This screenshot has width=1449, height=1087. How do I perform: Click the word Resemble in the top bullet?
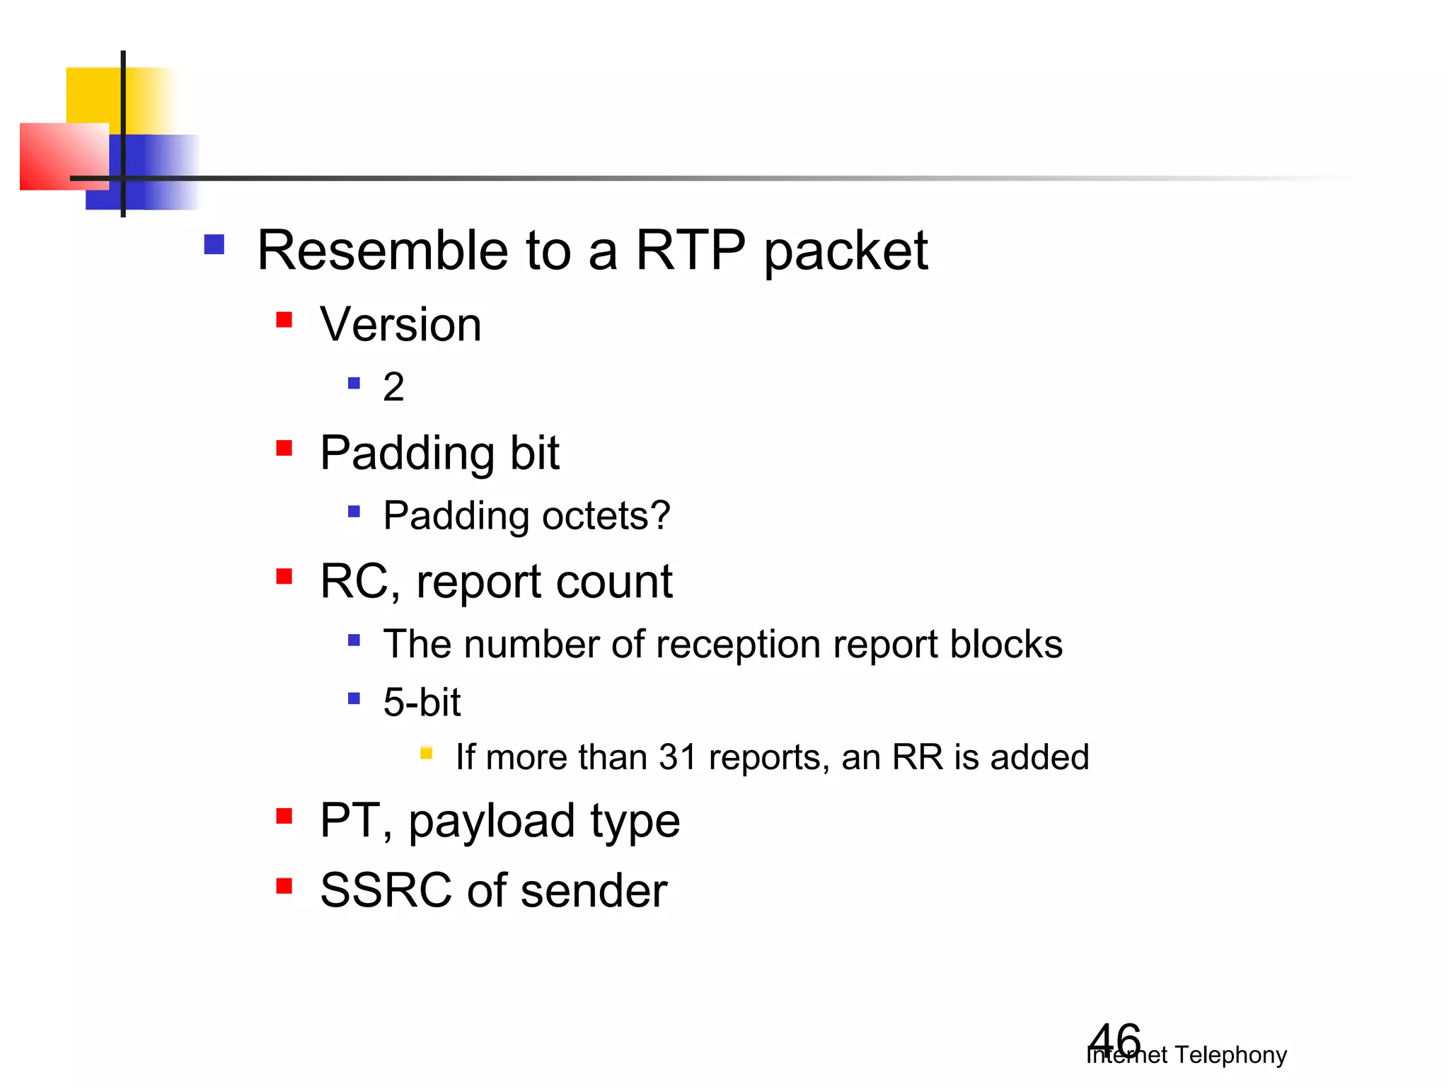click(382, 251)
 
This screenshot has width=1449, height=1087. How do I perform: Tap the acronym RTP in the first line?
click(690, 251)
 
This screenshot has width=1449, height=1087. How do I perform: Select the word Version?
click(400, 325)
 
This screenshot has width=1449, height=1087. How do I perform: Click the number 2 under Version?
click(393, 387)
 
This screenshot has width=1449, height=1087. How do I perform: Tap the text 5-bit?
click(422, 703)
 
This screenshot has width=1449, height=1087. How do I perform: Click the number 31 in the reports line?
click(678, 757)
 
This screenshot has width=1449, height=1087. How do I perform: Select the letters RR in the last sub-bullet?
click(918, 757)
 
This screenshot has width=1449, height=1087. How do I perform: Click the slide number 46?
click(1114, 1040)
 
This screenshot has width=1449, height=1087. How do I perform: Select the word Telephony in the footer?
click(1230, 1055)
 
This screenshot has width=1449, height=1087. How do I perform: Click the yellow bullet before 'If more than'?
click(426, 753)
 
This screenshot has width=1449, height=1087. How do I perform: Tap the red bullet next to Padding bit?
click(284, 449)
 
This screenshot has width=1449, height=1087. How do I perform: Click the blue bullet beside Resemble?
click(214, 245)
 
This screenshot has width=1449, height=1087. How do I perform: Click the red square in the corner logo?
click(57, 156)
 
